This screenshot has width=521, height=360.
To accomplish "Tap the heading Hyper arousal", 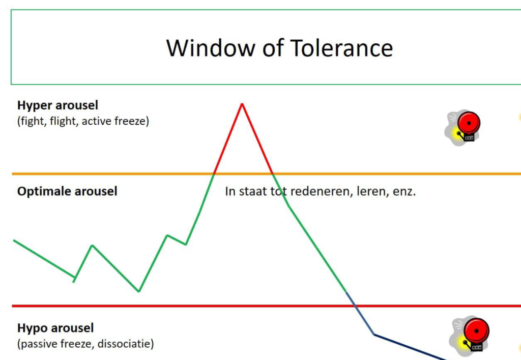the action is coord(58,106).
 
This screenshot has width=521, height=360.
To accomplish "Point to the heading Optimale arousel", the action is coord(67,191).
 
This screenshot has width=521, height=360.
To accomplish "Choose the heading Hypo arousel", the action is coord(55,328).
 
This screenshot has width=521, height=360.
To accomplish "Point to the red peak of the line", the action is coord(242,104).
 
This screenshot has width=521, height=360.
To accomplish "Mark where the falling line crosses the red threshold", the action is coord(355,306).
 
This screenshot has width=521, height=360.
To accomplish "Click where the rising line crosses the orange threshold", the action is coord(214,174).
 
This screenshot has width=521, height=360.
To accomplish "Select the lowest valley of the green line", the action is coord(139,291).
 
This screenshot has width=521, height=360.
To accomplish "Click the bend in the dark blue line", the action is coord(374,335).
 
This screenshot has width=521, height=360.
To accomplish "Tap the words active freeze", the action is coord(114,121).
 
